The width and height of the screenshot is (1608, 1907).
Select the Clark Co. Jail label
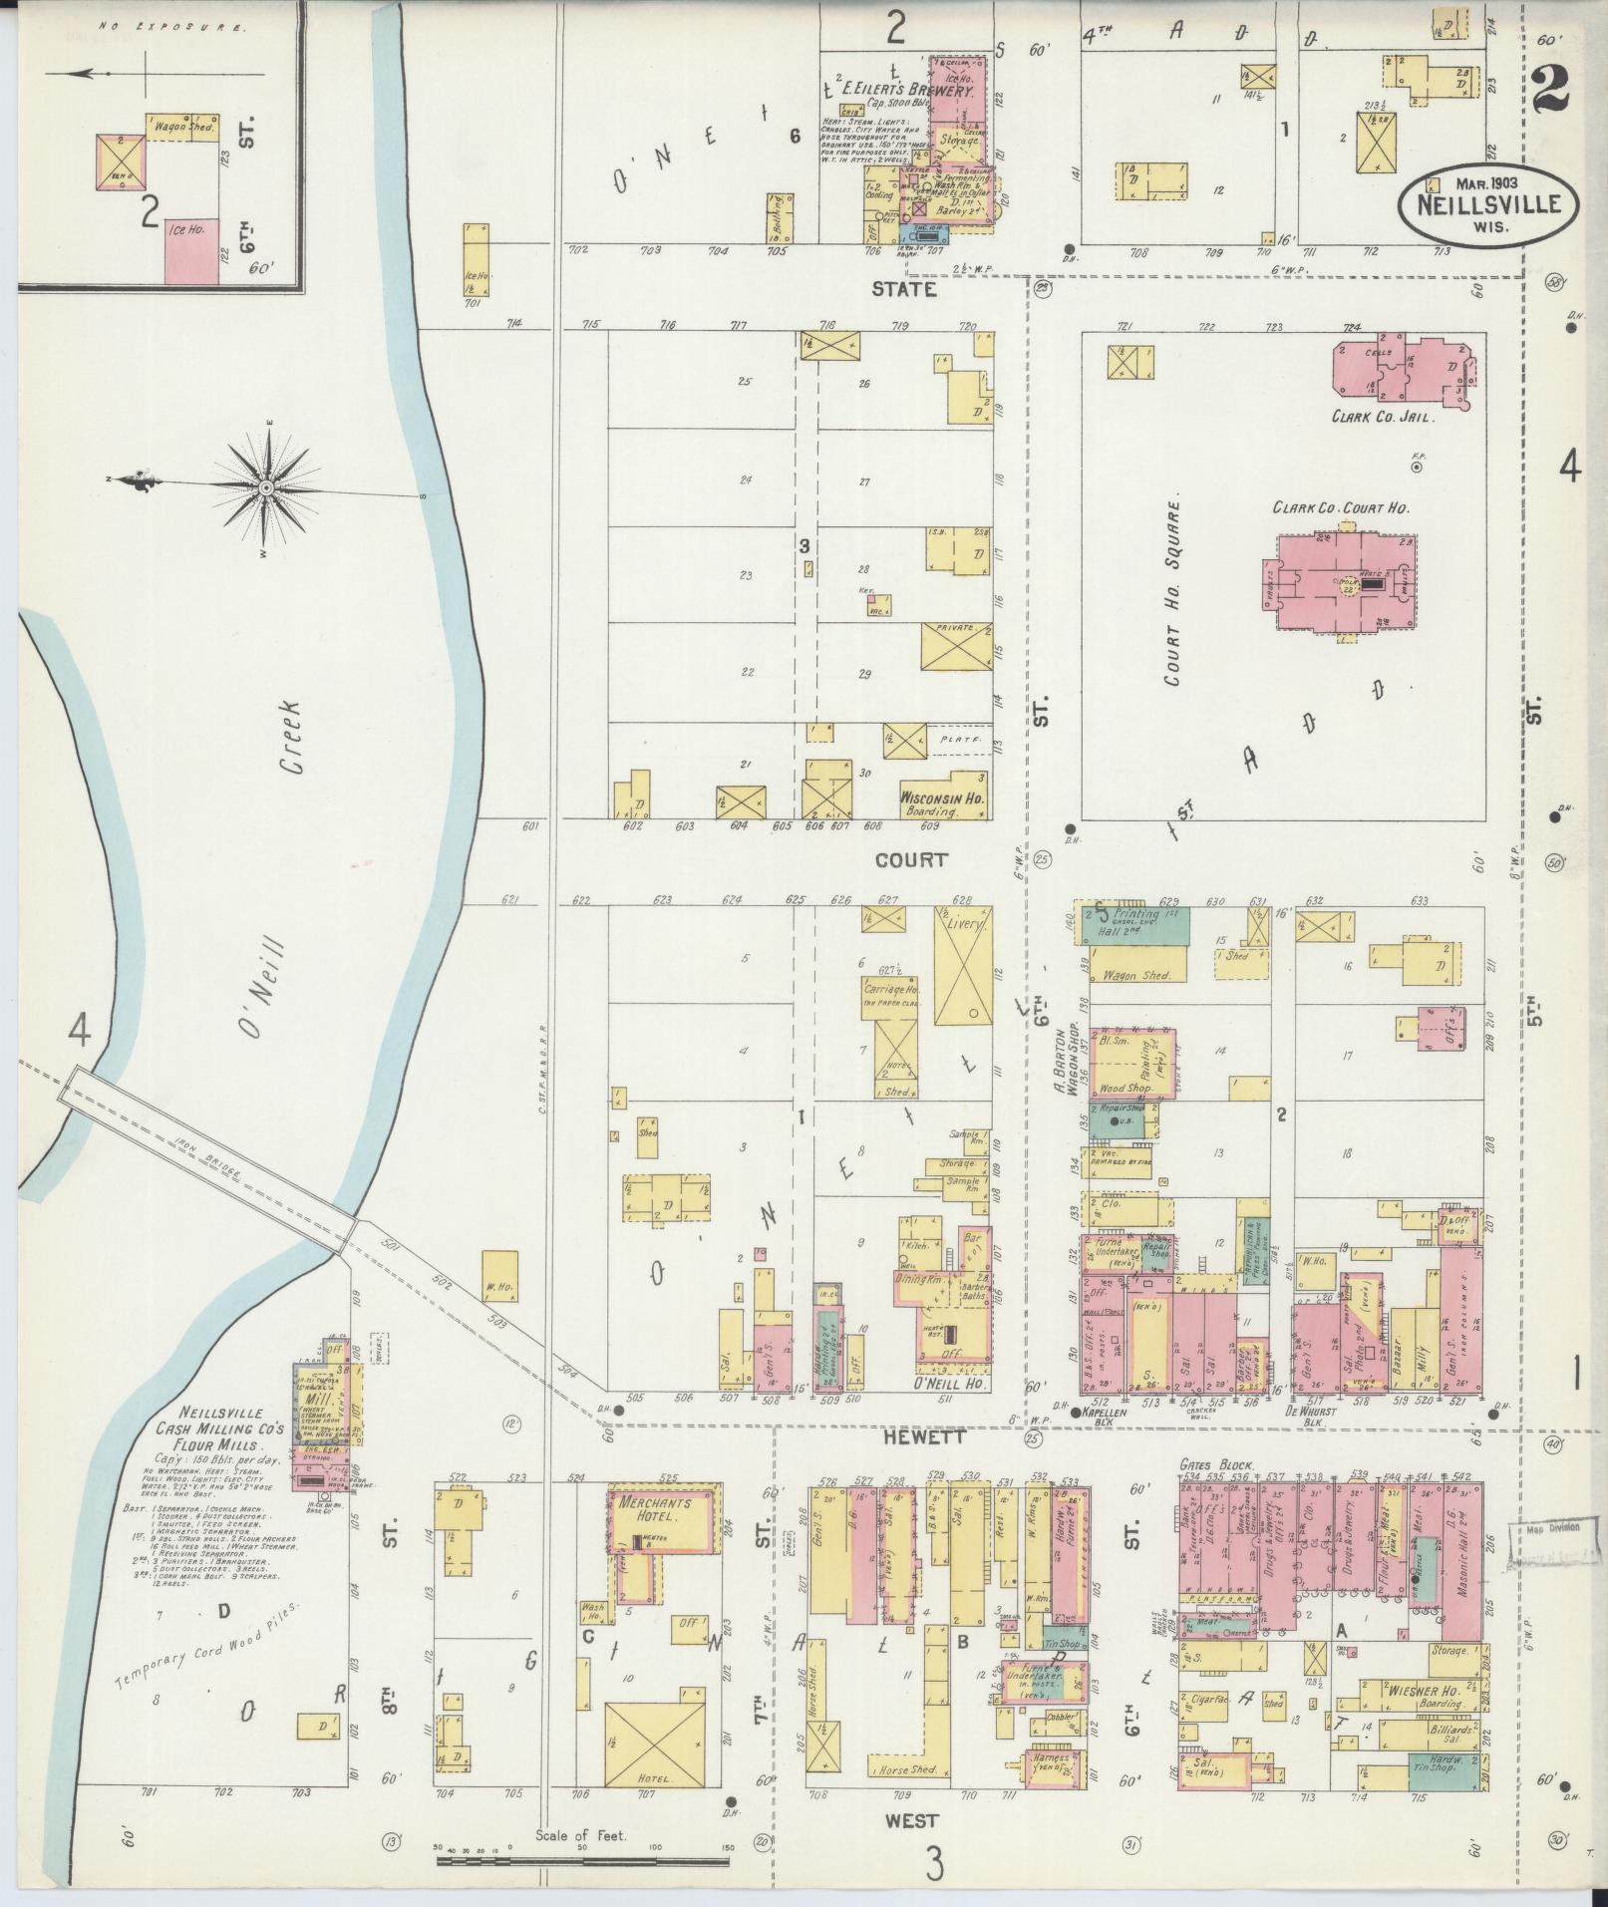[1382, 418]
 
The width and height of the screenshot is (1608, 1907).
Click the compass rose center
[267, 487]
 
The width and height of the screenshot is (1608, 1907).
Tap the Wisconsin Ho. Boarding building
[941, 798]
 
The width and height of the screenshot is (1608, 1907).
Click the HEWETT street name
[910, 1437]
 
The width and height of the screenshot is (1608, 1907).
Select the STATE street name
[903, 290]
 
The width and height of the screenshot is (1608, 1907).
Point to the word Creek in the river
[290, 749]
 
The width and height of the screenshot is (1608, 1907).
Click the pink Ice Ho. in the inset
[190, 249]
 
